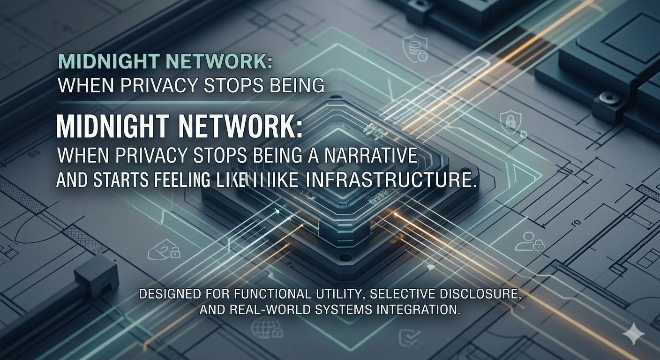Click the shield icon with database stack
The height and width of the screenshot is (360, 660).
[415, 48]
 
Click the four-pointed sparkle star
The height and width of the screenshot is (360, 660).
[633, 333]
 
